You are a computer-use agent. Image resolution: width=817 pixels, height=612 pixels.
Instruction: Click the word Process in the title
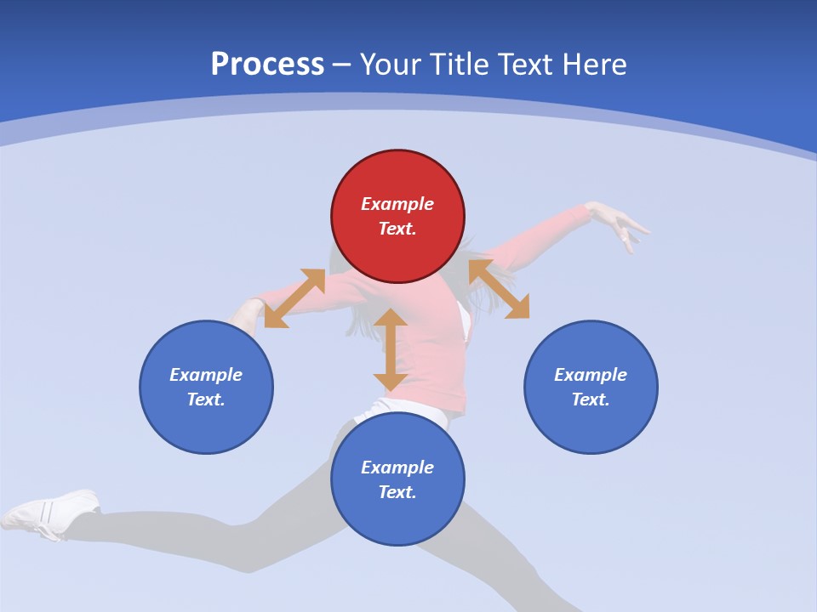(x=267, y=65)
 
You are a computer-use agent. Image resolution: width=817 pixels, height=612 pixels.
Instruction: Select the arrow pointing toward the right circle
(x=499, y=289)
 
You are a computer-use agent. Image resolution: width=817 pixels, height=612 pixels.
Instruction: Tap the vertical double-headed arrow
(x=391, y=349)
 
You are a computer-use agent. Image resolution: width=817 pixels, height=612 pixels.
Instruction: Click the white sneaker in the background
(x=51, y=512)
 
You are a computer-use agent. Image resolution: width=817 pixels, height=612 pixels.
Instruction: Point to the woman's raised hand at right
(x=620, y=224)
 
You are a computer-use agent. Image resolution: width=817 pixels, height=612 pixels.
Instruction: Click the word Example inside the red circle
(x=397, y=204)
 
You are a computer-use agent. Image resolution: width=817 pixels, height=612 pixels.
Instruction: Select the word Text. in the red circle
(x=397, y=229)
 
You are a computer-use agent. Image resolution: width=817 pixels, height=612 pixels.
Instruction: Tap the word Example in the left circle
(x=206, y=375)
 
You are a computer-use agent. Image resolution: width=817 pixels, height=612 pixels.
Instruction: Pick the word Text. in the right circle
(x=591, y=399)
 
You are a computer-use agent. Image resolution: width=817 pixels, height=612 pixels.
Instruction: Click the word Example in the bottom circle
(x=397, y=467)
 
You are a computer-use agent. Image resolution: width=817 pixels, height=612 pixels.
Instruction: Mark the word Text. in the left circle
(x=206, y=399)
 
